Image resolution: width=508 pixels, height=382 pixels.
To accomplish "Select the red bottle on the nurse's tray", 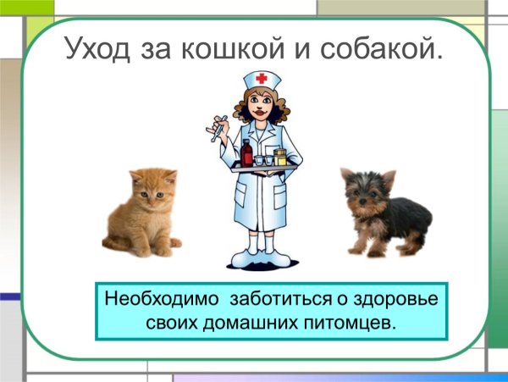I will click(247, 153).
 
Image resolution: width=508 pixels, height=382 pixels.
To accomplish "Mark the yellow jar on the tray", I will click(280, 157).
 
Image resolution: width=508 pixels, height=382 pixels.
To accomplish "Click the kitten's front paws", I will click(148, 247).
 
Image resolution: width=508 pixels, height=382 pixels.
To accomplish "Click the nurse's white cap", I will click(262, 80).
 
